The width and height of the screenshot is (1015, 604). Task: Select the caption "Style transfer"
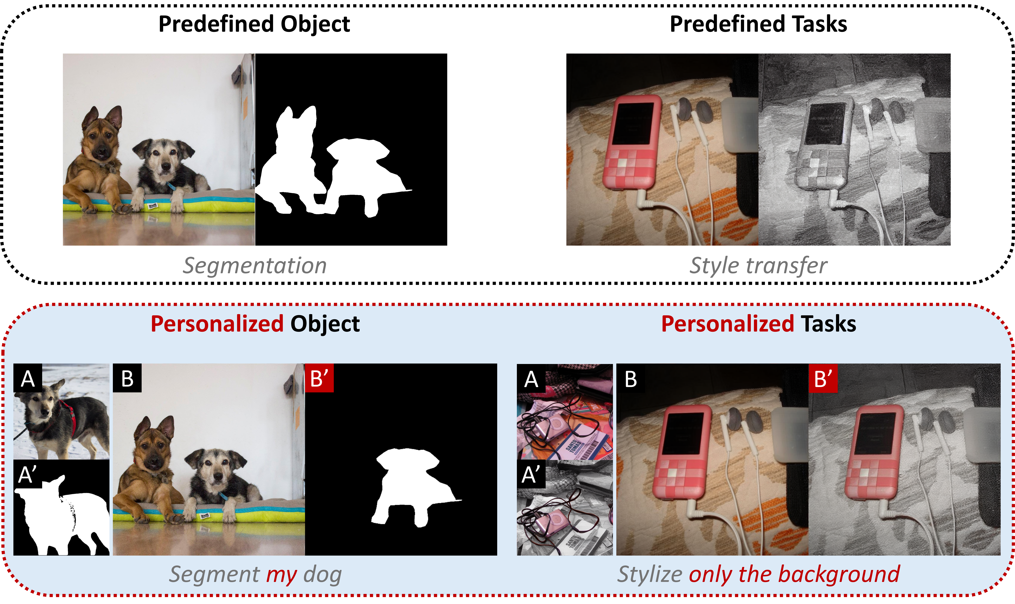tap(758, 266)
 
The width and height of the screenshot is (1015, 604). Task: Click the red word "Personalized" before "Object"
tap(217, 324)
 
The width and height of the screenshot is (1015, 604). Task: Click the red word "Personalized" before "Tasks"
tap(727, 324)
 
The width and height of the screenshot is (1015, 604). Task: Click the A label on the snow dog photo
tap(28, 378)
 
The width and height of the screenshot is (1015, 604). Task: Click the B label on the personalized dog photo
tap(127, 378)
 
